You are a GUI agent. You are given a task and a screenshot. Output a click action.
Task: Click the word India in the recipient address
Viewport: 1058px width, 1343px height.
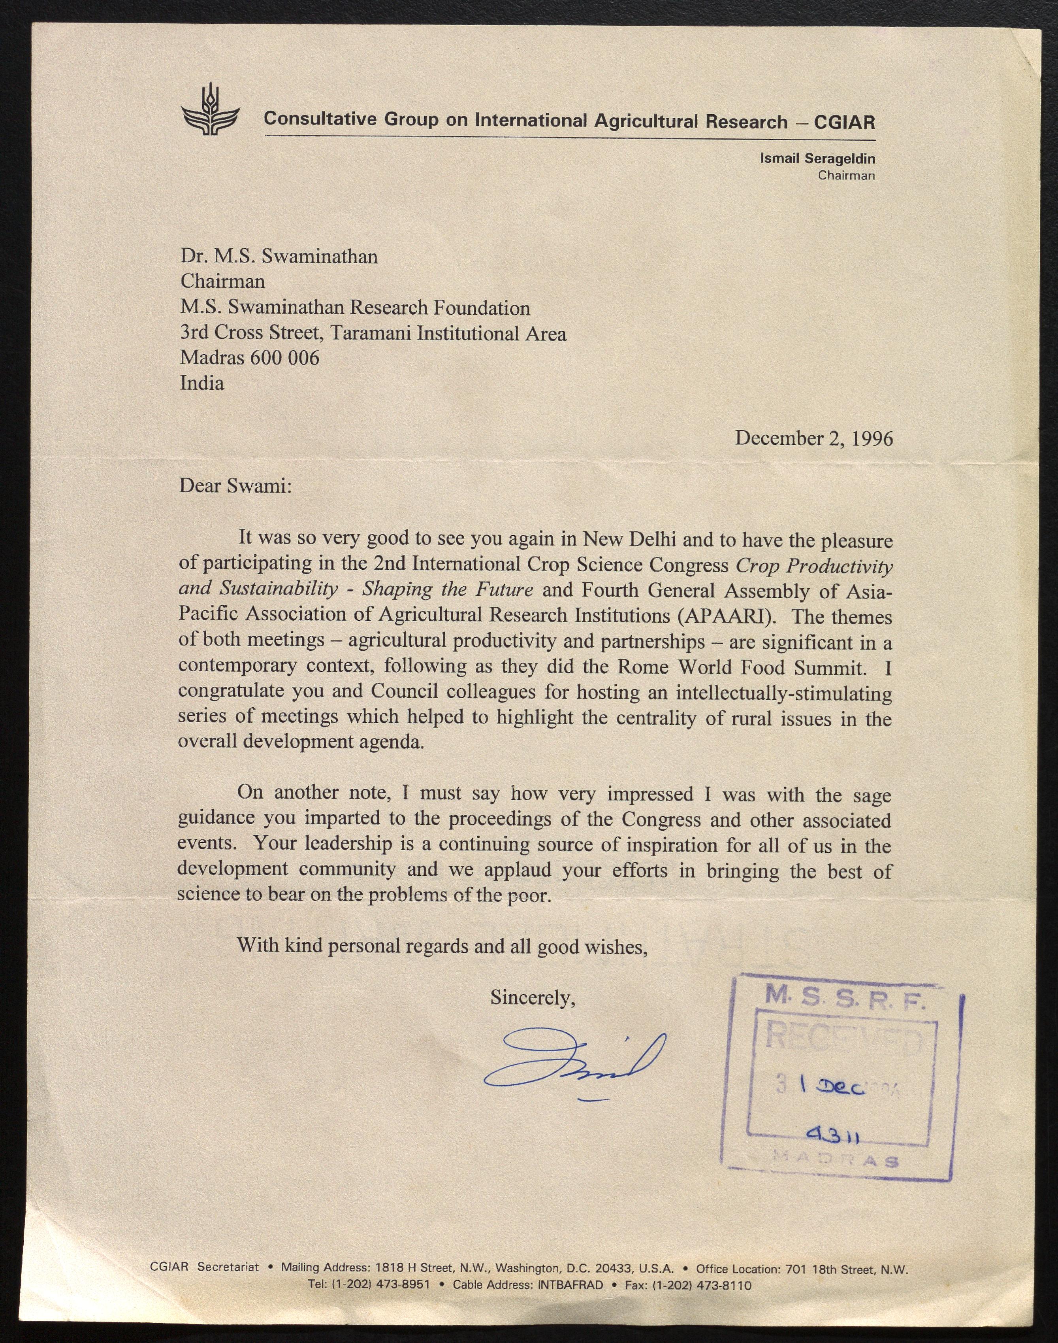point(202,383)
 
